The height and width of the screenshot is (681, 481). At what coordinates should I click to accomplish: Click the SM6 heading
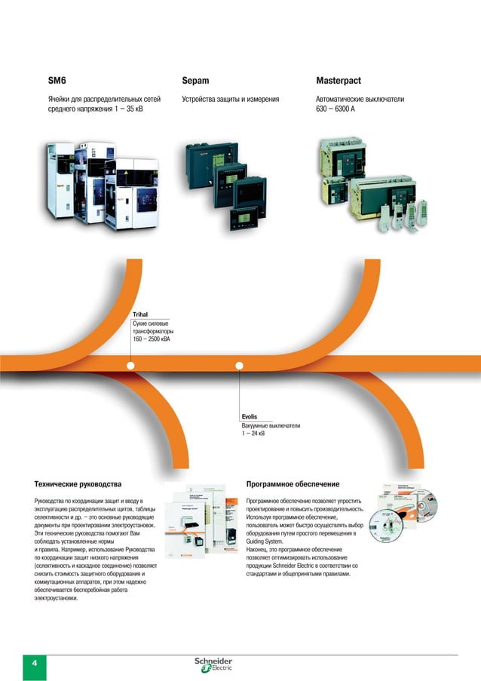click(x=58, y=80)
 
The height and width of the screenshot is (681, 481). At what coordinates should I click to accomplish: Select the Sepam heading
click(x=195, y=80)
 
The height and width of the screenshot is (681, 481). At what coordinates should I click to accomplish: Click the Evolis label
click(x=250, y=416)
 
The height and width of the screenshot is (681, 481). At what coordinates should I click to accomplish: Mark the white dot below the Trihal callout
click(x=131, y=367)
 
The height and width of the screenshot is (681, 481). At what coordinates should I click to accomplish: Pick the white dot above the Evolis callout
click(x=240, y=367)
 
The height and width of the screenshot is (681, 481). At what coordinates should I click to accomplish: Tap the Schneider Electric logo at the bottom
click(x=214, y=664)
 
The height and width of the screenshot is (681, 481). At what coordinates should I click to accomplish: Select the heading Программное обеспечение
click(x=293, y=483)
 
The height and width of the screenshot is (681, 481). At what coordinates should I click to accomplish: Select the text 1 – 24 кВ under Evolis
click(x=253, y=434)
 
